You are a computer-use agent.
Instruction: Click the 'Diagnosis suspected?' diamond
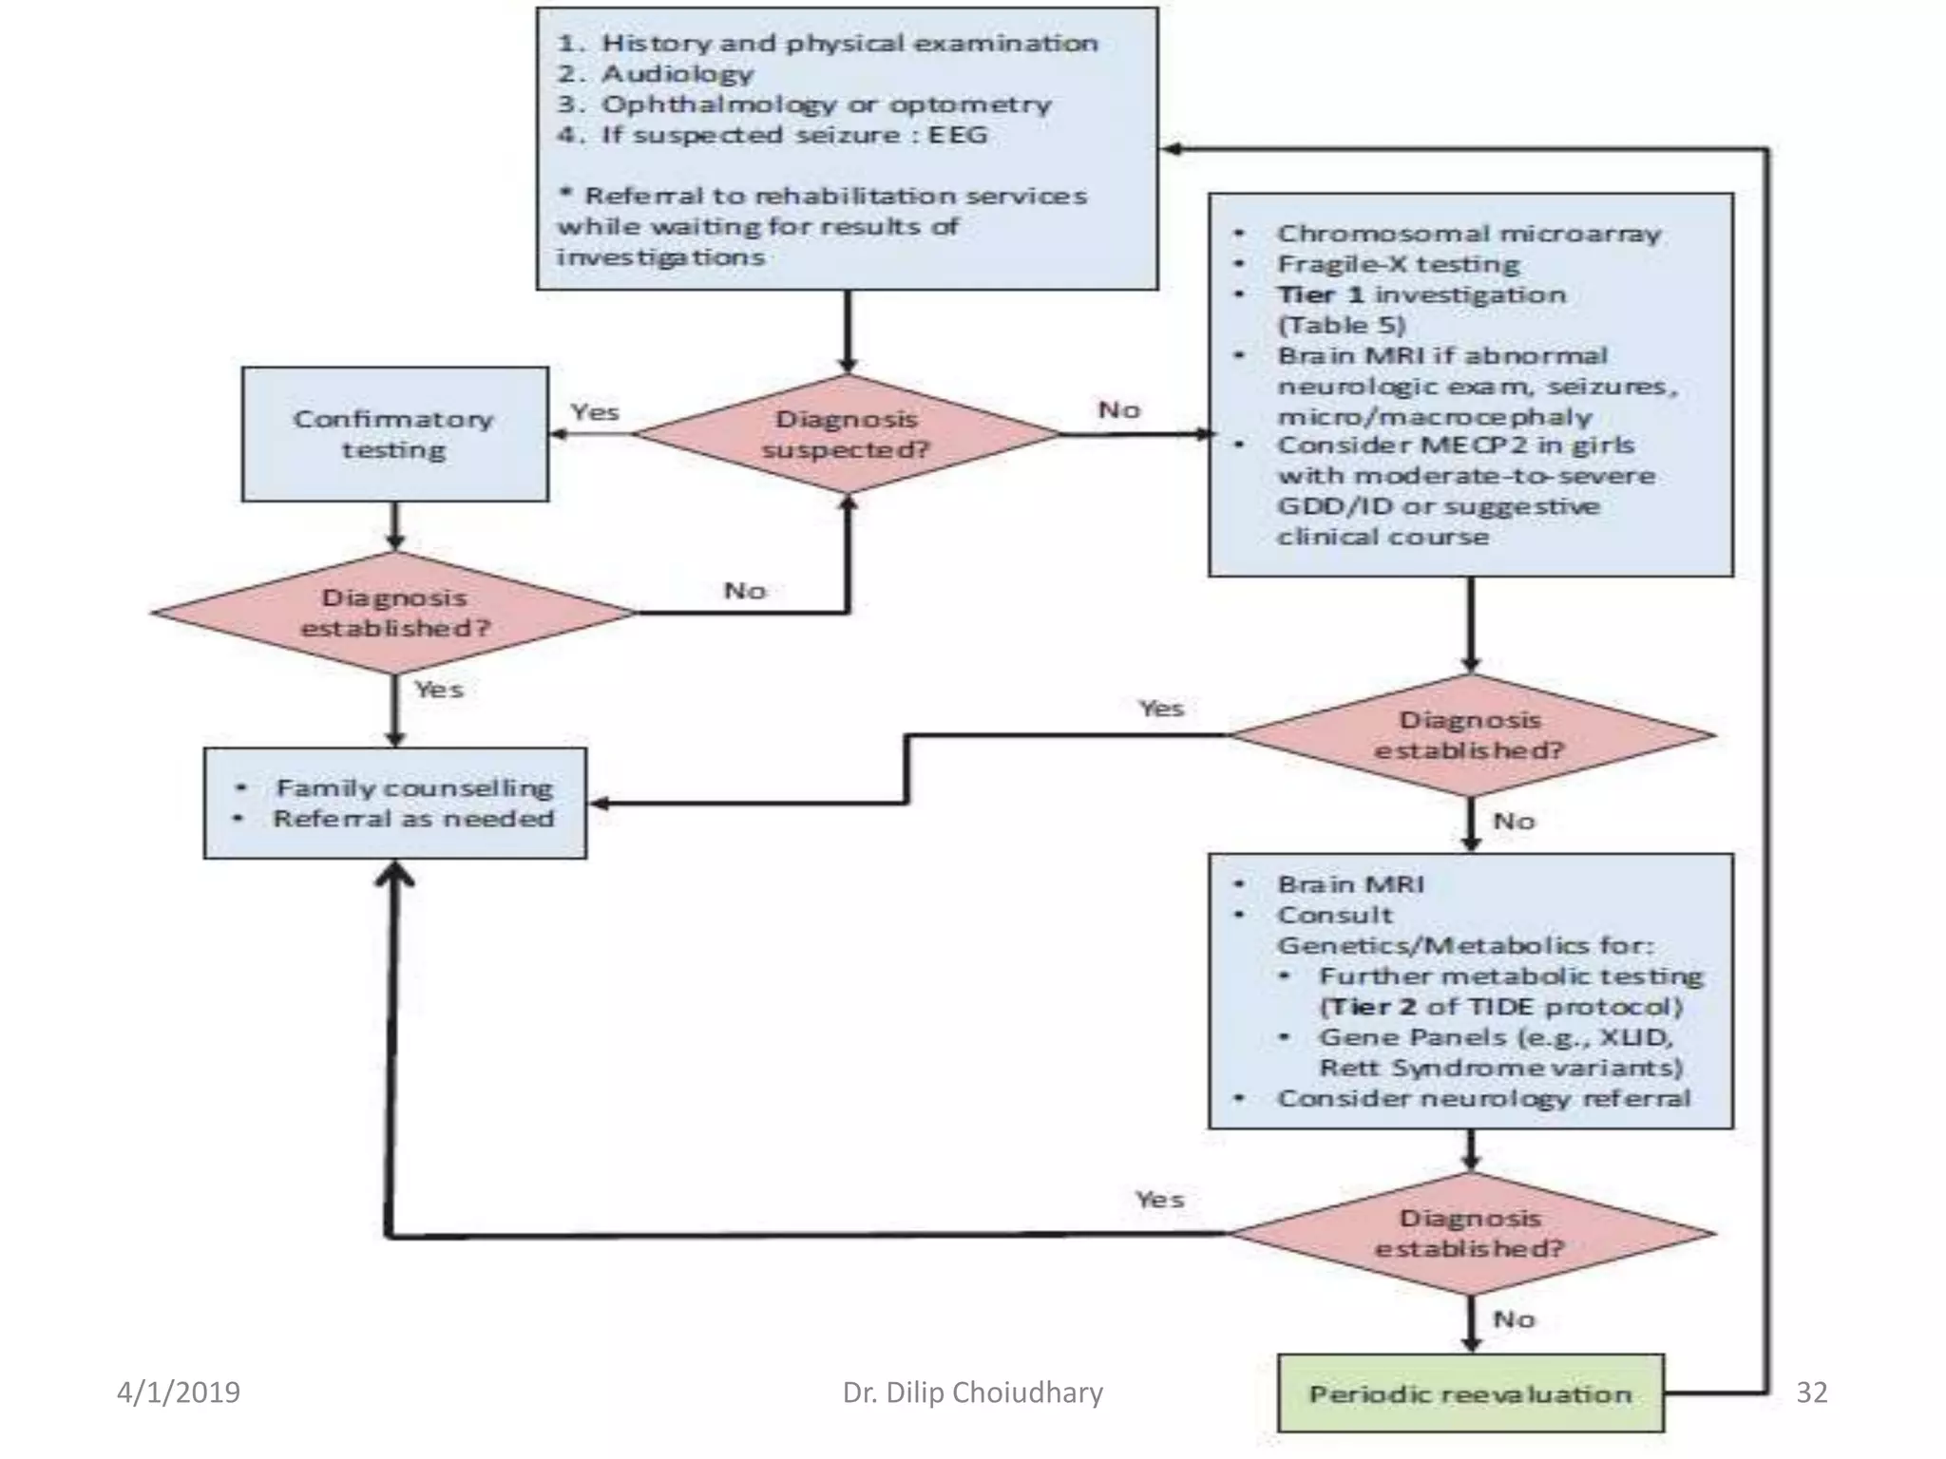click(x=846, y=434)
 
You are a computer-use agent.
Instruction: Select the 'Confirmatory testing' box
click(x=394, y=434)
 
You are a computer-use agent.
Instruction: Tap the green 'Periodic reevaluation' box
click(x=1470, y=1393)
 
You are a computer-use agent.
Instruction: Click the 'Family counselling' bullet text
click(x=414, y=787)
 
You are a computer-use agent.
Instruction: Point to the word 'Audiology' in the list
click(x=677, y=73)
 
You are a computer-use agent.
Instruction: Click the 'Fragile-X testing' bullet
click(x=1398, y=264)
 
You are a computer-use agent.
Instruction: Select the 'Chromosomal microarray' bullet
click(x=1468, y=234)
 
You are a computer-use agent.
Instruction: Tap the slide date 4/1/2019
click(x=179, y=1393)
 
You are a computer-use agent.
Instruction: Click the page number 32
click(x=1811, y=1393)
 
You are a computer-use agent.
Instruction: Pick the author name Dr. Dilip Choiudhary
click(x=972, y=1393)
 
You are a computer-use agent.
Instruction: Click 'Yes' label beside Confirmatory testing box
click(x=595, y=412)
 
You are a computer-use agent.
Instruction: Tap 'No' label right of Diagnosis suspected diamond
click(x=1118, y=410)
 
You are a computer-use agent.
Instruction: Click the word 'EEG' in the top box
click(x=957, y=135)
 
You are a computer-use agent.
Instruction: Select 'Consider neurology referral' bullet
click(x=1483, y=1098)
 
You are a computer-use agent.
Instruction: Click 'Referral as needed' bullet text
click(x=414, y=819)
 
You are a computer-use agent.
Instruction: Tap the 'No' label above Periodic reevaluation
click(x=1514, y=1319)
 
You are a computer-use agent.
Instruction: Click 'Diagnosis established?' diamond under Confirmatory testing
click(x=394, y=613)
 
